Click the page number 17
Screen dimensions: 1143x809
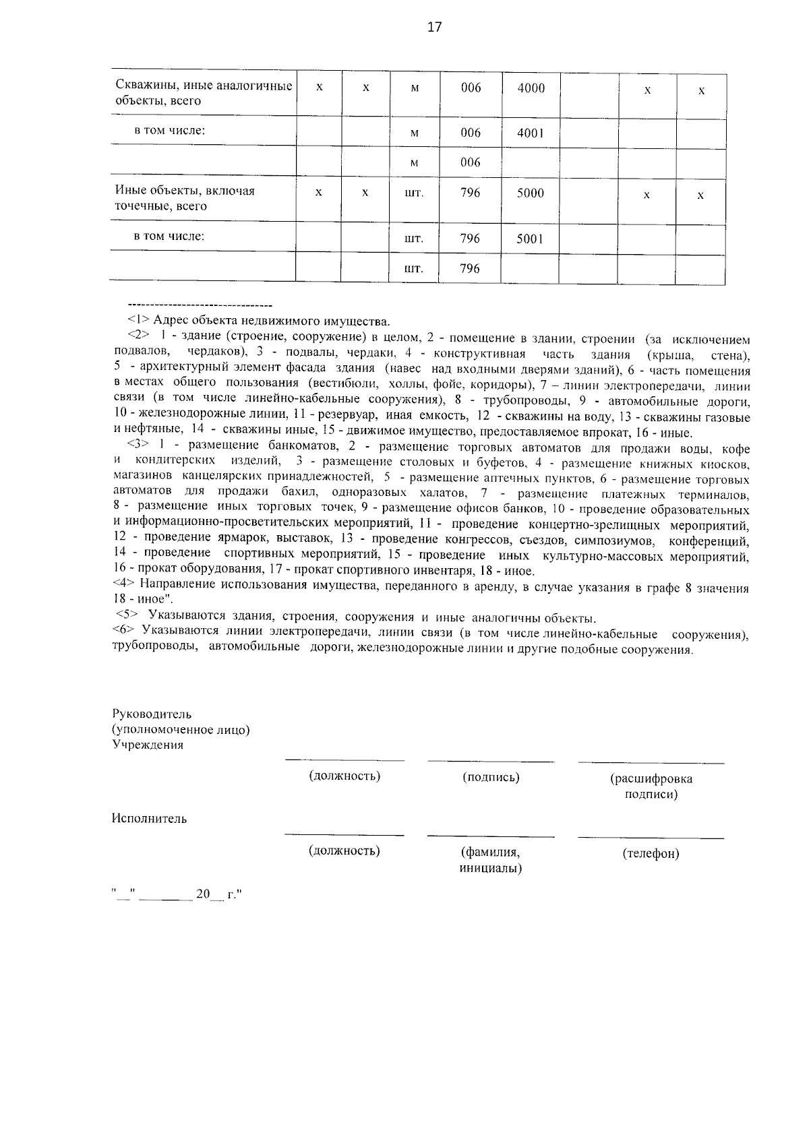(x=434, y=27)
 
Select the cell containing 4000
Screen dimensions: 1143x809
(x=531, y=88)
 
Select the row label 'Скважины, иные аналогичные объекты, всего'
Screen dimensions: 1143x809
(x=203, y=93)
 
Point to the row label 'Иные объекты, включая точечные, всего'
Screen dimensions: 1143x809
(x=185, y=198)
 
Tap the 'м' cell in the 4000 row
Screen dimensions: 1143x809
(x=415, y=88)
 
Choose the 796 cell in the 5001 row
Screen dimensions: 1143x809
(x=470, y=239)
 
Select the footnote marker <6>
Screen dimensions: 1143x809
(x=123, y=630)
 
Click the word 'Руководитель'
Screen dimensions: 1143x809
(x=152, y=714)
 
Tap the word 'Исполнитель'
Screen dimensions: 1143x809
(x=149, y=819)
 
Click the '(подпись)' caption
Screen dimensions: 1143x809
(x=491, y=777)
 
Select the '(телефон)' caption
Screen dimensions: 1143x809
(x=651, y=854)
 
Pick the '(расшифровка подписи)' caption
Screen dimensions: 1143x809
(x=651, y=786)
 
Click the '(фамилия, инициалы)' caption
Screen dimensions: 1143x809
(x=490, y=860)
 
